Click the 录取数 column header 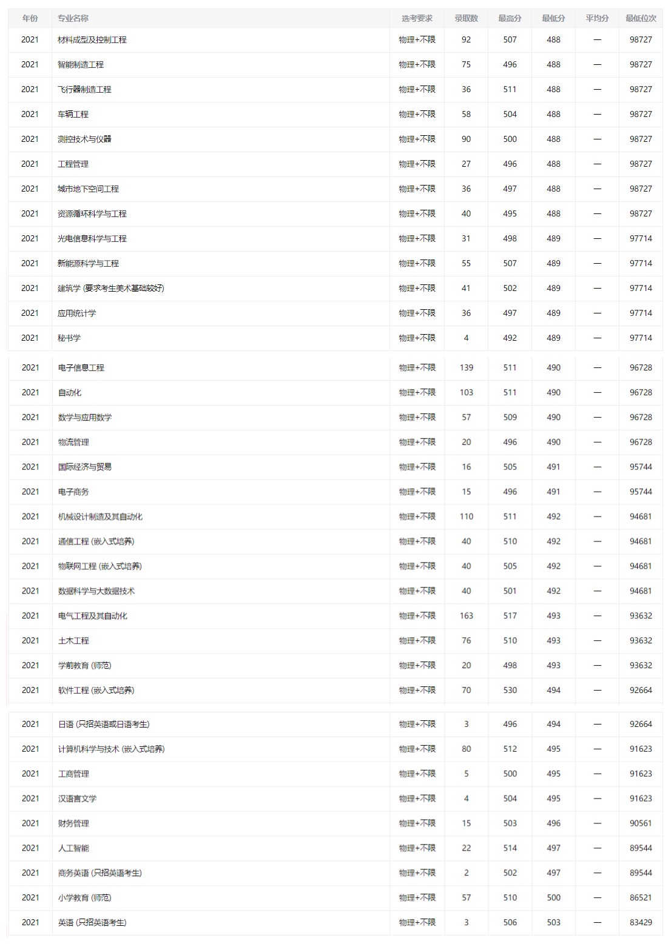point(466,18)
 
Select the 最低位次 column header point(641,18)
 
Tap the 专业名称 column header point(73,18)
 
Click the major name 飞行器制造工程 point(84,89)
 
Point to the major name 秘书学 point(69,338)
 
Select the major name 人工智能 point(73,848)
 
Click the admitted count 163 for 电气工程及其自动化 point(466,615)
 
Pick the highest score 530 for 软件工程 point(510,690)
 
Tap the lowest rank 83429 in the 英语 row point(641,922)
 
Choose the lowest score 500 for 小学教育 point(553,897)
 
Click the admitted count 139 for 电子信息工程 point(466,367)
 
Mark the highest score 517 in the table point(510,615)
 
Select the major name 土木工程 point(73,640)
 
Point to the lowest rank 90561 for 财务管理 point(641,823)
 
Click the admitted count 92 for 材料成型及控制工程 point(466,39)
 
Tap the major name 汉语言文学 point(77,798)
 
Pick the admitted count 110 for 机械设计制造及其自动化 point(466,517)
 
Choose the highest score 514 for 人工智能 point(510,848)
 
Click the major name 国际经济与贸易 point(85,467)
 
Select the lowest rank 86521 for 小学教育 point(641,897)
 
